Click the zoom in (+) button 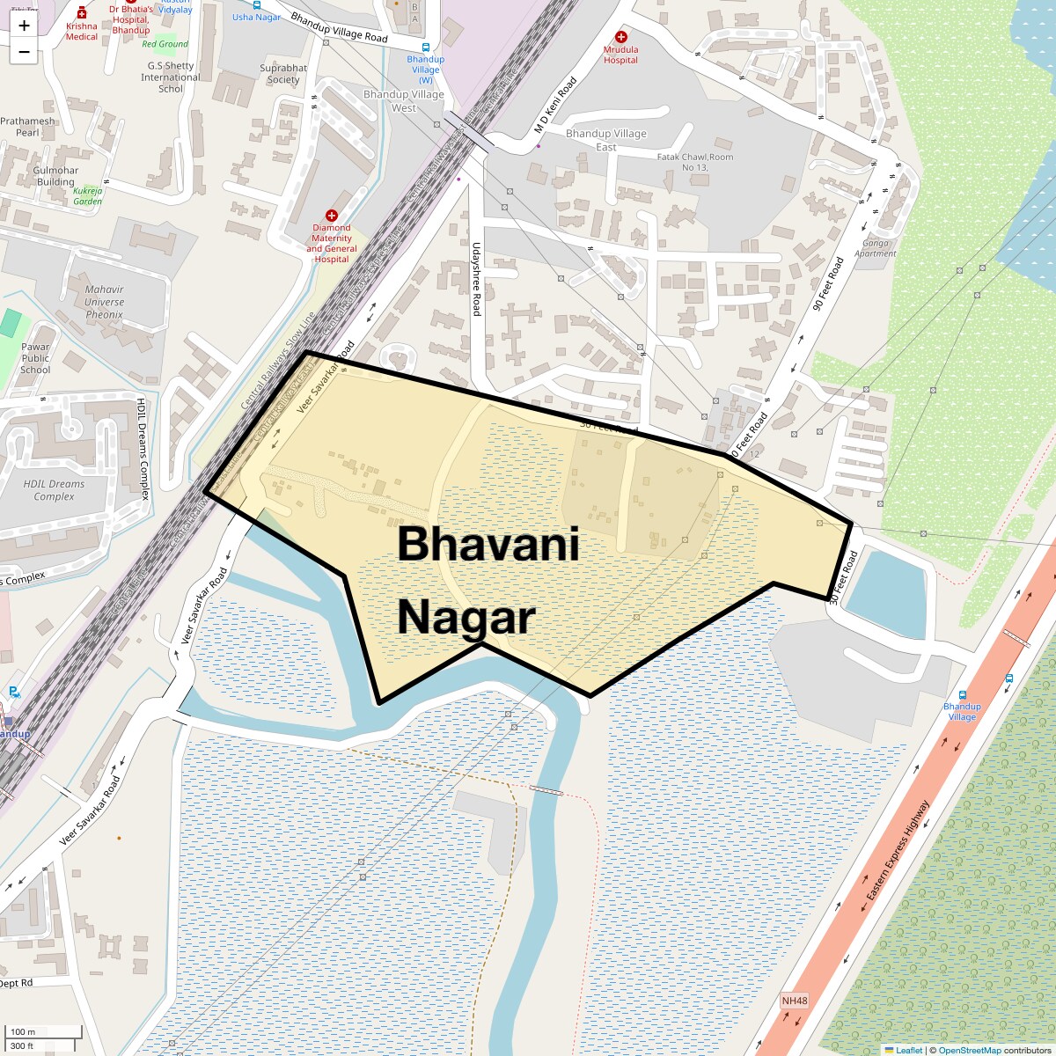[x=24, y=26]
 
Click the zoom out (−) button [x=24, y=52]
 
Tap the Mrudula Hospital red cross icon [x=620, y=37]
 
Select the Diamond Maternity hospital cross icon [x=332, y=216]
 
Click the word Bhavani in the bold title [x=488, y=544]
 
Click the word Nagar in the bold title [x=466, y=617]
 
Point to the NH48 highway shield [x=794, y=1001]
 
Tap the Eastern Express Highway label [x=897, y=851]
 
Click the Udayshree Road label [x=476, y=279]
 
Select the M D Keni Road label [x=555, y=106]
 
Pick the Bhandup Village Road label [x=339, y=27]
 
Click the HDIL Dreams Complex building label [x=54, y=490]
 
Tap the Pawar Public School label [x=35, y=358]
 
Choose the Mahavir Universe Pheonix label [x=105, y=302]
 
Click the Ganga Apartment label [x=876, y=248]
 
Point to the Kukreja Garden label [x=88, y=195]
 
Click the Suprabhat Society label [x=283, y=74]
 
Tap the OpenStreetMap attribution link [x=969, y=1050]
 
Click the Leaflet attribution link [x=909, y=1050]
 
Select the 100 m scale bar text [x=24, y=1031]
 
